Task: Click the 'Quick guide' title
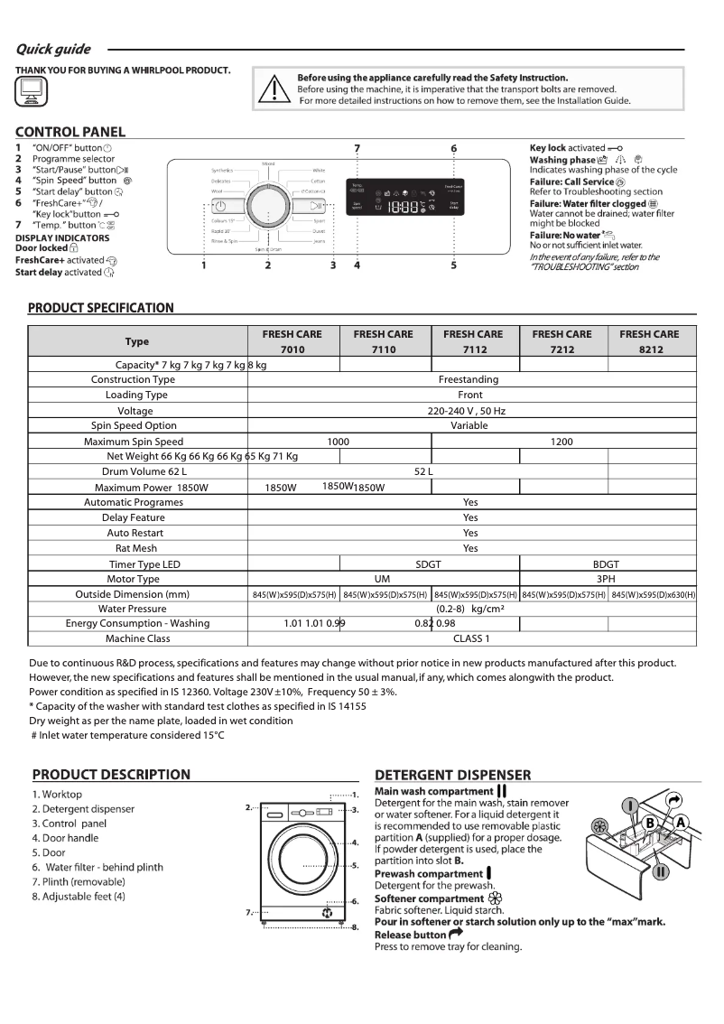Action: click(x=52, y=49)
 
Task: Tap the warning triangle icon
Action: click(x=272, y=89)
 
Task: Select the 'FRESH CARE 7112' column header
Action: click(x=473, y=341)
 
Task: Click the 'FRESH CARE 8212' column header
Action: click(x=649, y=341)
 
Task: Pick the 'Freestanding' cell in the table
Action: click(x=469, y=380)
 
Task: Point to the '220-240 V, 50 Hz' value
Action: click(x=469, y=411)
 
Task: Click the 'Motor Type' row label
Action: click(x=134, y=580)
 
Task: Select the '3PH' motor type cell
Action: click(x=606, y=580)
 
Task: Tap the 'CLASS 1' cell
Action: click(x=470, y=639)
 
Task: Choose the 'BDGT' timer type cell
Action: click(x=606, y=564)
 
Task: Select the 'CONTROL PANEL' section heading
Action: click(x=70, y=132)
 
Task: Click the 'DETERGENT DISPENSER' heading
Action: click(x=452, y=775)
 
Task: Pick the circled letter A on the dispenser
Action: click(x=680, y=823)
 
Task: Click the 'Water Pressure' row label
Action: click(x=134, y=609)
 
